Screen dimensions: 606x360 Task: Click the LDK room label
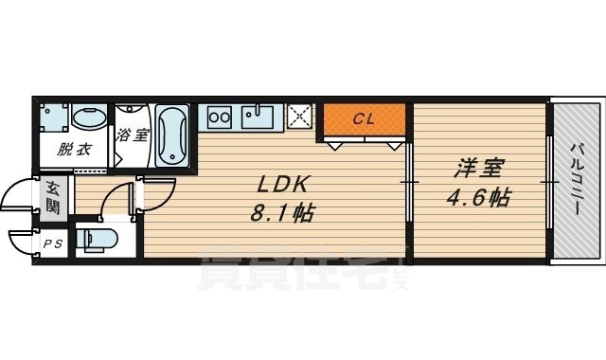pyautogui.click(x=283, y=185)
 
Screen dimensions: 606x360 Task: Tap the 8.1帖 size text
pyautogui.click(x=282, y=212)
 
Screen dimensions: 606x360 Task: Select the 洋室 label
pyautogui.click(x=478, y=169)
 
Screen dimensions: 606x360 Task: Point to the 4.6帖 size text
pyautogui.click(x=479, y=197)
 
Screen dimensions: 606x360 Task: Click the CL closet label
pyautogui.click(x=364, y=119)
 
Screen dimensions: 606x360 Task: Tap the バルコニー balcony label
pyautogui.click(x=578, y=179)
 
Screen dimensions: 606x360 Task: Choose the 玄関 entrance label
pyautogui.click(x=53, y=197)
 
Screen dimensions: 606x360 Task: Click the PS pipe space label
pyautogui.click(x=53, y=244)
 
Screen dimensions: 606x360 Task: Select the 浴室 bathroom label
pyautogui.click(x=133, y=135)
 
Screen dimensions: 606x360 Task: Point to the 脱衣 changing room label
pyautogui.click(x=74, y=149)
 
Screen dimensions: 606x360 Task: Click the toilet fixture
pyautogui.click(x=96, y=240)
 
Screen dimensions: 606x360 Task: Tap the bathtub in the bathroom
pyautogui.click(x=172, y=135)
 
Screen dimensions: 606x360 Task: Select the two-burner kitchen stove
pyautogui.click(x=219, y=117)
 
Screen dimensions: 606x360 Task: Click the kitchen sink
pyautogui.click(x=257, y=117)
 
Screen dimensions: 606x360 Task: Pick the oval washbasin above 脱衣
pyautogui.click(x=89, y=117)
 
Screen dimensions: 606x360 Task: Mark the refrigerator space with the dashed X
pyautogui.click(x=299, y=116)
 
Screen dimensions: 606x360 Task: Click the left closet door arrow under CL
pyautogui.click(x=334, y=146)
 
